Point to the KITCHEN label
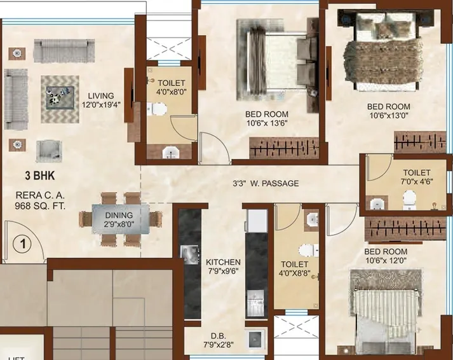point(224,262)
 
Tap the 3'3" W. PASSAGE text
point(265,184)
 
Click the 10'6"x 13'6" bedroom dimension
point(267,123)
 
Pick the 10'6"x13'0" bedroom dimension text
point(388,116)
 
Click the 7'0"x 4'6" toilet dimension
point(416,182)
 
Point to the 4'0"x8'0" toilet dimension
point(172,92)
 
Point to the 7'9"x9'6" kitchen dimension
point(223,271)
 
